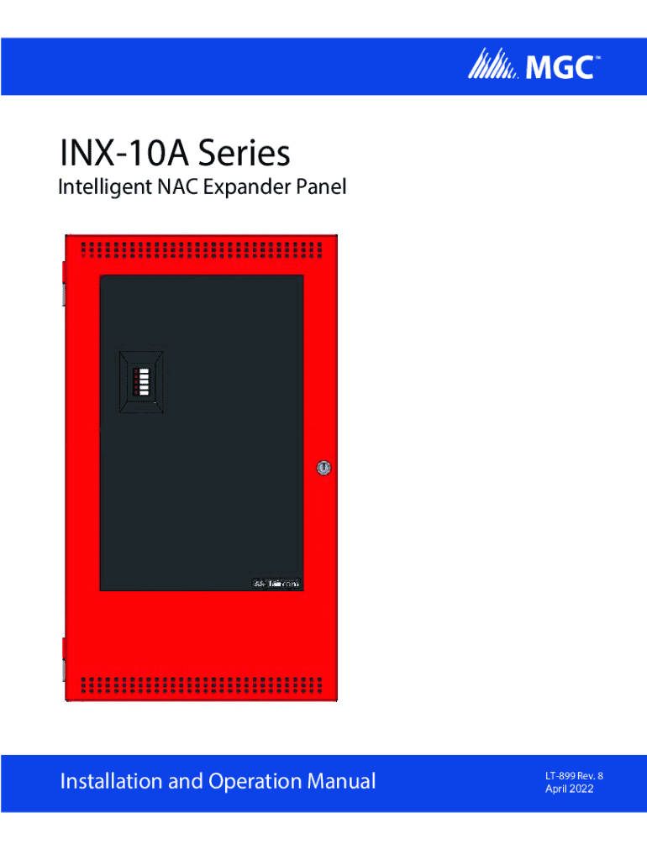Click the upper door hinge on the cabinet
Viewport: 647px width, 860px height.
point(63,282)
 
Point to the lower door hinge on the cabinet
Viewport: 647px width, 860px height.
point(63,658)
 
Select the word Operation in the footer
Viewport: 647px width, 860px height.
point(245,782)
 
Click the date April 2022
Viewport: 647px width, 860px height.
point(567,789)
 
